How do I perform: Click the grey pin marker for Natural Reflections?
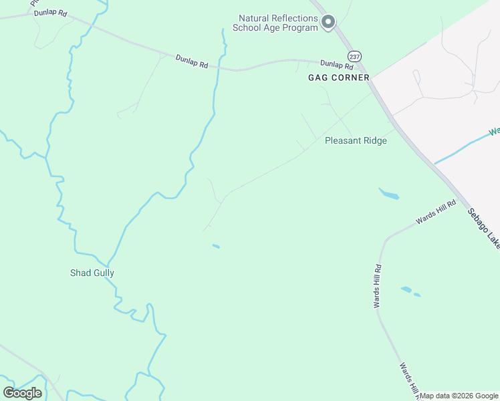(328, 23)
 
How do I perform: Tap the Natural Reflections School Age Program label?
(275, 23)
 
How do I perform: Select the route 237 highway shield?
(354, 55)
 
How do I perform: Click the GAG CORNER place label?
(338, 78)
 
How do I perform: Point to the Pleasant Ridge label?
(356, 141)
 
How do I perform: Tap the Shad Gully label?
(92, 273)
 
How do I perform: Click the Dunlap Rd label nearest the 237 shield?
(336, 64)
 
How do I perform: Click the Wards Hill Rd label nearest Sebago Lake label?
(436, 212)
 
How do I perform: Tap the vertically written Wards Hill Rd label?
(378, 286)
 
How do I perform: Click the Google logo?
(23, 393)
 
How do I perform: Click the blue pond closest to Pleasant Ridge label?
(389, 194)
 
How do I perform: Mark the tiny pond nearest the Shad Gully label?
(216, 246)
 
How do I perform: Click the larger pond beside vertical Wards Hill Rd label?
(406, 289)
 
